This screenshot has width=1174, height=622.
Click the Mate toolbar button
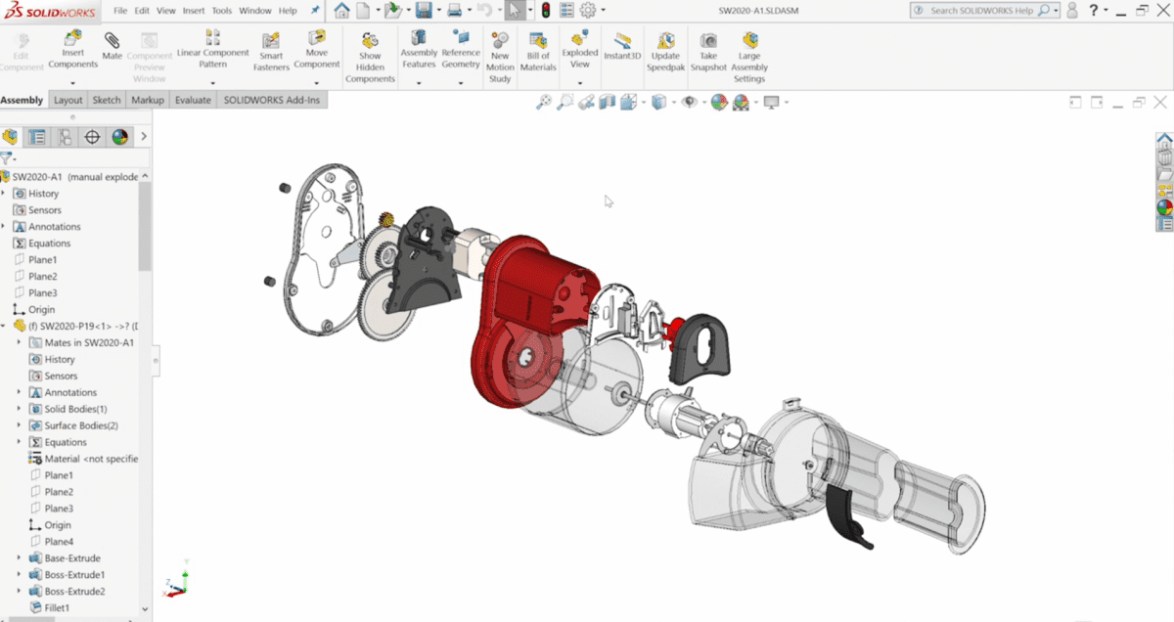(113, 46)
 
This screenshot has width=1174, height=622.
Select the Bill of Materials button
(538, 51)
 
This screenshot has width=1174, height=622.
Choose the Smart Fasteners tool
(271, 51)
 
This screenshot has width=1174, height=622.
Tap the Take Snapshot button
(707, 51)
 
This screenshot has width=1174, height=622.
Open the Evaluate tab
(193, 100)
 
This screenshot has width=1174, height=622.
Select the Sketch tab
(107, 100)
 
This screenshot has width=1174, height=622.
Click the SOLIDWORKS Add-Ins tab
(271, 100)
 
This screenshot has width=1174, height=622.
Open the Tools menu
(222, 11)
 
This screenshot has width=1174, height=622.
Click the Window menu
(255, 11)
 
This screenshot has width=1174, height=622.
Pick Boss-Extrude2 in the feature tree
(74, 592)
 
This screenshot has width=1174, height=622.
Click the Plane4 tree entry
(59, 542)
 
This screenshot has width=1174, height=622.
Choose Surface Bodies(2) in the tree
(80, 425)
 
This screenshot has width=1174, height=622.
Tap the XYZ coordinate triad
(176, 585)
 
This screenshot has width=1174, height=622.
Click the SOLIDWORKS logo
(49, 11)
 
